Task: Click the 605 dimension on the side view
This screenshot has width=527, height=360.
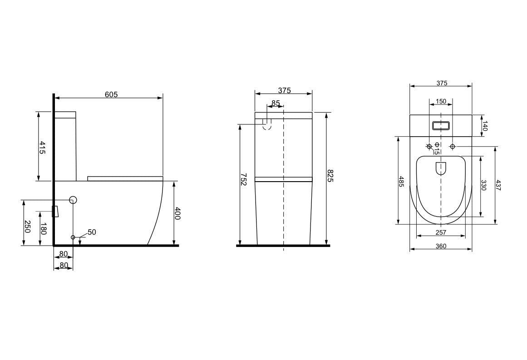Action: click(x=111, y=94)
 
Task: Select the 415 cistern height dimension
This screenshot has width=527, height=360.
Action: click(x=42, y=148)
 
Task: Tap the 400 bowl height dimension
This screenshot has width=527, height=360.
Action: click(x=177, y=213)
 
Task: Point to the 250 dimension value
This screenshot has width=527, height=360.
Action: click(x=27, y=227)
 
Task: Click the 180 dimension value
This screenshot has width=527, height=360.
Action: click(x=43, y=229)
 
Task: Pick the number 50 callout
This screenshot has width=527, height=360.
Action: click(x=92, y=232)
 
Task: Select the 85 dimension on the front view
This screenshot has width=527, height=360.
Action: click(x=276, y=104)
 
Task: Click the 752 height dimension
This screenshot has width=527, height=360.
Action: click(x=243, y=178)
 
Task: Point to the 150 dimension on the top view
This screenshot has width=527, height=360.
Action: click(x=441, y=101)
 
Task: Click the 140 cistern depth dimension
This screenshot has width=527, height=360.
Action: click(x=484, y=126)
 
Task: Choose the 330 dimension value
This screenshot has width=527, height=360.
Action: click(x=483, y=185)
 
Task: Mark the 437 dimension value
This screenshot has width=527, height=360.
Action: click(x=498, y=185)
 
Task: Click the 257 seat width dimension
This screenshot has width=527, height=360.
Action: click(x=441, y=232)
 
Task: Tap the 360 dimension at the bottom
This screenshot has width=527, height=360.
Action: click(x=441, y=246)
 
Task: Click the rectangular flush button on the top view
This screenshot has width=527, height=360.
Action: click(x=441, y=125)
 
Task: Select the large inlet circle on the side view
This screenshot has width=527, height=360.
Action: click(x=73, y=199)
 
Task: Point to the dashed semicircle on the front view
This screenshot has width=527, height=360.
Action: click(x=267, y=126)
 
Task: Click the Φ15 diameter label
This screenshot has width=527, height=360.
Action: click(x=436, y=148)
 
